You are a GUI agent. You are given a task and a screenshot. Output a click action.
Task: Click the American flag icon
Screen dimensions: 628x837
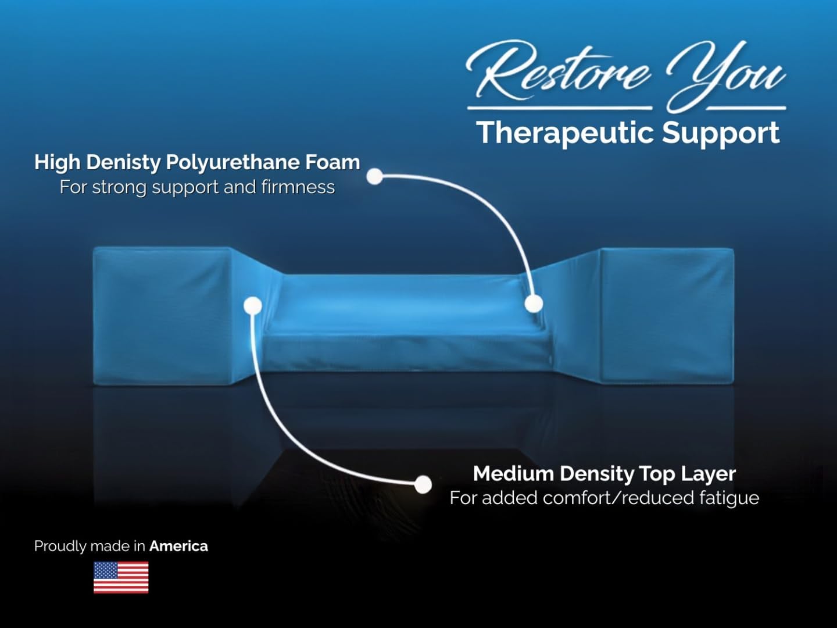(121, 577)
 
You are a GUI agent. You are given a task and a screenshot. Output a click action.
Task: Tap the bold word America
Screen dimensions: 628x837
(178, 546)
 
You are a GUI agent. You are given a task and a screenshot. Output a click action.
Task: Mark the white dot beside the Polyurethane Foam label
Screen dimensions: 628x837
(375, 176)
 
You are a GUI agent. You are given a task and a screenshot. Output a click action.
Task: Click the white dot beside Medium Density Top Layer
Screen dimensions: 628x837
(423, 484)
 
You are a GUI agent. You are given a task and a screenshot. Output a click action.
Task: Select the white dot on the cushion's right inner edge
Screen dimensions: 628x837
(534, 303)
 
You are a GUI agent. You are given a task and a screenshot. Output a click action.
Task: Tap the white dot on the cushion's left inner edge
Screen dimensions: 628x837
(253, 305)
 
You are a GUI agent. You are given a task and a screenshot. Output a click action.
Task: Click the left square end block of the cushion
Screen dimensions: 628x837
(163, 315)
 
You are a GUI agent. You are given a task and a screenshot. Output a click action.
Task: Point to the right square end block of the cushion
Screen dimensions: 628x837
(667, 315)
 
